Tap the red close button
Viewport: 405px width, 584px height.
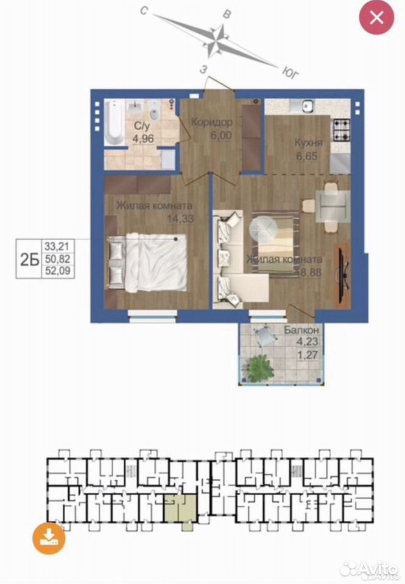click(x=376, y=18)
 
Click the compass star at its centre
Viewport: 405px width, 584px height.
click(x=217, y=41)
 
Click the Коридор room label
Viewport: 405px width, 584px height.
click(x=212, y=122)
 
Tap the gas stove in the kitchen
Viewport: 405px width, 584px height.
click(x=341, y=130)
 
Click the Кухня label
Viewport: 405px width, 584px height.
click(x=308, y=142)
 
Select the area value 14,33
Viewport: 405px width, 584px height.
click(x=180, y=218)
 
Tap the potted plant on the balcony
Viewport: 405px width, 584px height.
click(x=259, y=368)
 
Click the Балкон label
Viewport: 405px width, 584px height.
click(x=301, y=330)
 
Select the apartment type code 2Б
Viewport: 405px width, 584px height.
click(x=29, y=259)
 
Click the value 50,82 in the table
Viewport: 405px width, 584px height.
click(x=57, y=259)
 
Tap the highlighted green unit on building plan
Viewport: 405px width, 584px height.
click(x=181, y=509)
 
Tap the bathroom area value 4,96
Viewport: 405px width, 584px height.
click(x=143, y=139)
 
